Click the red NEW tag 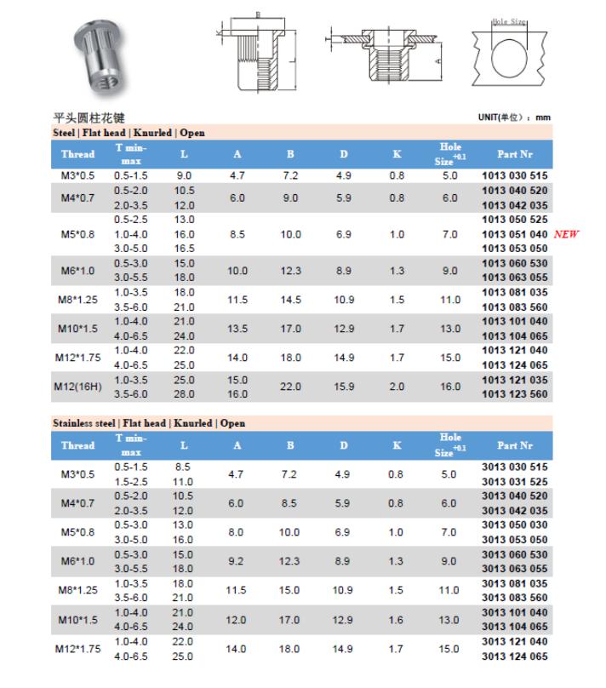click(x=566, y=233)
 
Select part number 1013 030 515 click(x=515, y=175)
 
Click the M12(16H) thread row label click(x=77, y=387)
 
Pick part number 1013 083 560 click(x=515, y=307)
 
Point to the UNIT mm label click(x=515, y=117)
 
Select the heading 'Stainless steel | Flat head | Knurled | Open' click(x=149, y=422)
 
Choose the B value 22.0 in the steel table click(x=290, y=387)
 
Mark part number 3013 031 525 click(x=515, y=481)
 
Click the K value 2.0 click(x=397, y=387)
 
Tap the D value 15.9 click(x=344, y=387)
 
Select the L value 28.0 click(x=185, y=394)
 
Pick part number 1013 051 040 click(x=515, y=234)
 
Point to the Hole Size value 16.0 click(x=449, y=387)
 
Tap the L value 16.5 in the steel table click(x=185, y=248)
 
